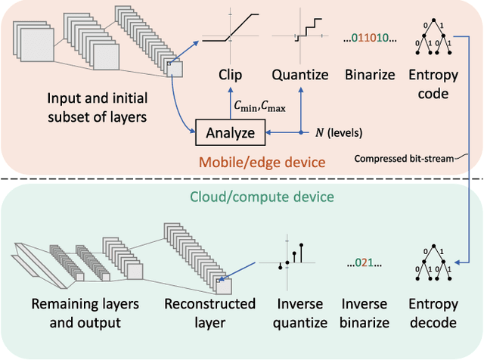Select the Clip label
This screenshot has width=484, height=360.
point(231,75)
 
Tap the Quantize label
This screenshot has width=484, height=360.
point(300,75)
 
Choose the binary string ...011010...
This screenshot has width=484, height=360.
point(367,36)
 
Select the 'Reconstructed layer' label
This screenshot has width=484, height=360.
point(210,314)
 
